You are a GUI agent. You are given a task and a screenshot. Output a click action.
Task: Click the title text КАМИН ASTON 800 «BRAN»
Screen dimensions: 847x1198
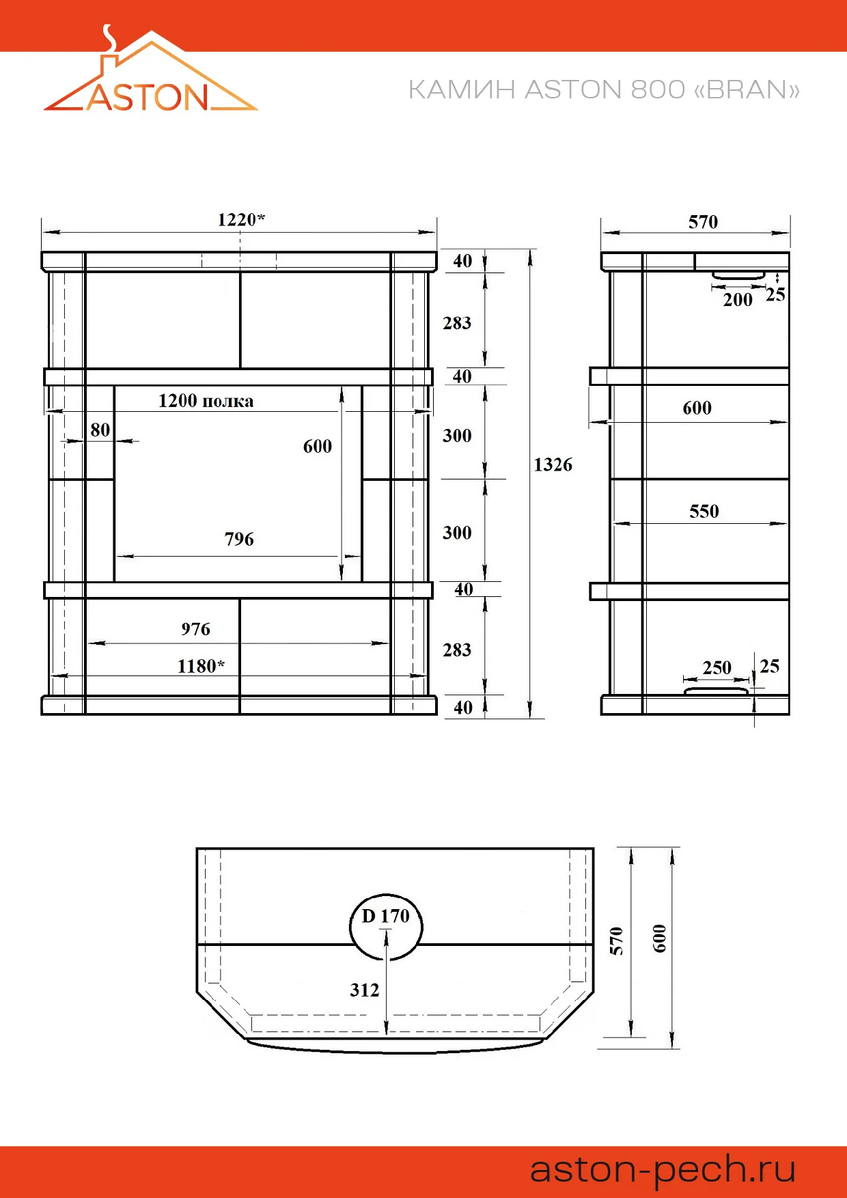point(604,90)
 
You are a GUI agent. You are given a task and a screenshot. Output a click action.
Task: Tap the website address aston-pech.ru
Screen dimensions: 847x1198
point(663,1169)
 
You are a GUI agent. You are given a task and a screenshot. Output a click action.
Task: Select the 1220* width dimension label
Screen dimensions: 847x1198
point(241,219)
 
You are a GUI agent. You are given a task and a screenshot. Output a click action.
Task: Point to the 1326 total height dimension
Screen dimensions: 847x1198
point(553,464)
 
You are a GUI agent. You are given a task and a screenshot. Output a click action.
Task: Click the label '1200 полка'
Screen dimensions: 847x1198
point(206,401)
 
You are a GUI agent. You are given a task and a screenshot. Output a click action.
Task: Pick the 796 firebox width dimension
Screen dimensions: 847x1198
point(239,539)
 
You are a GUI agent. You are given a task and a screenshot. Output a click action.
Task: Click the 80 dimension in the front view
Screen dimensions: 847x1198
point(100,430)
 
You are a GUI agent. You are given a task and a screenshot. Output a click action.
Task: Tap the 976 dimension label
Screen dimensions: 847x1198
point(195,629)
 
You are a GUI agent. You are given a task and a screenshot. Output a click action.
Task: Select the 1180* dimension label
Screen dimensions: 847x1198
point(201,666)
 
